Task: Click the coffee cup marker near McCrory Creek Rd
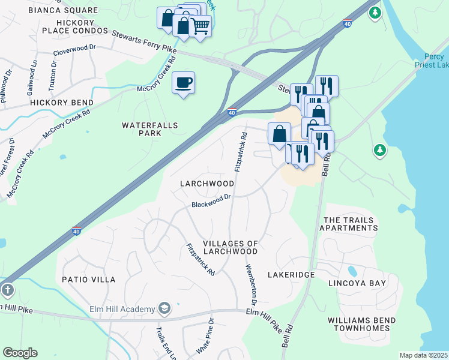point(183,83)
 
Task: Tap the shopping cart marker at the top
point(200,25)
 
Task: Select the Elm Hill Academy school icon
point(164,308)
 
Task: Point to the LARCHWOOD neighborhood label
point(207,183)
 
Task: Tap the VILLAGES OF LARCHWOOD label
point(231,248)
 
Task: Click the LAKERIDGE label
point(291,274)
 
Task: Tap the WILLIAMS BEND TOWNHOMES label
point(362,325)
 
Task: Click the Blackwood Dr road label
point(211,201)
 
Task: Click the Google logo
point(20,353)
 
